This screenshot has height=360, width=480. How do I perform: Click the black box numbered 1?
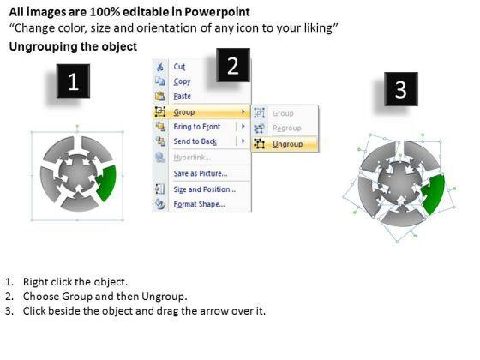point(73,81)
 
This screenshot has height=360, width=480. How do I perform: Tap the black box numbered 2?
point(233,65)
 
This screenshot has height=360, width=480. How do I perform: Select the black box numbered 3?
point(401,89)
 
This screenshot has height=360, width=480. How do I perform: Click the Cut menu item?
point(179,67)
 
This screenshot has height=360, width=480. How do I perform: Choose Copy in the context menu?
point(182,81)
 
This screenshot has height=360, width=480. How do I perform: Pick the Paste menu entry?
point(182,96)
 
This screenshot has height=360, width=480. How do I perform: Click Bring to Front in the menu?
point(197,127)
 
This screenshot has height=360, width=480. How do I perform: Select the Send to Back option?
point(195,141)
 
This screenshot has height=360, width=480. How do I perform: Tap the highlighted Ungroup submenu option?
point(285,144)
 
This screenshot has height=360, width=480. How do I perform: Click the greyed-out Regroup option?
point(287,128)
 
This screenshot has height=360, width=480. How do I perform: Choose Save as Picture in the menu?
point(201,173)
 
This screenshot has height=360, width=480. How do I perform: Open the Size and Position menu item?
point(205,189)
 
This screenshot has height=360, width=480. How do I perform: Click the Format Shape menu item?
point(199,204)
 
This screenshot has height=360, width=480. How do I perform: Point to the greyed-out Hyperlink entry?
point(192,158)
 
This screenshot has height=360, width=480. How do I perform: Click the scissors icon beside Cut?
point(159,67)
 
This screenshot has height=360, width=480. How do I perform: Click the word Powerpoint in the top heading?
point(217,12)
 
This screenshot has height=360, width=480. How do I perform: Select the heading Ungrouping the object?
point(73,46)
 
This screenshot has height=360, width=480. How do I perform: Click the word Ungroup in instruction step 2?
point(164,297)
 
